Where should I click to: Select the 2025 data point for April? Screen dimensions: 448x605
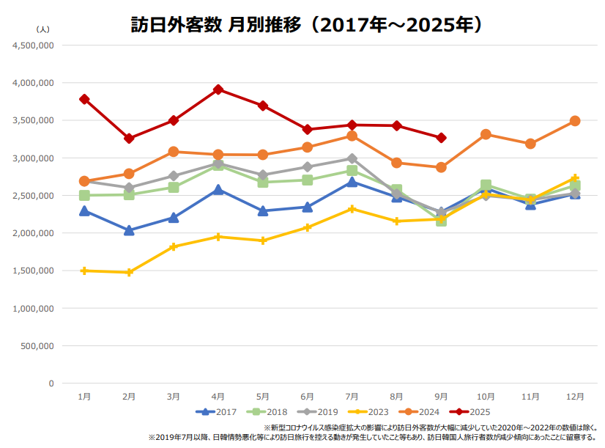click(218, 89)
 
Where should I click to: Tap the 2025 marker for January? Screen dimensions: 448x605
click(84, 99)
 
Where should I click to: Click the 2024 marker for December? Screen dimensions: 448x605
click(575, 121)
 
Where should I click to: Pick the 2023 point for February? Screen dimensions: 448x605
click(129, 272)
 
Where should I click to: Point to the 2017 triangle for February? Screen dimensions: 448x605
click(129, 230)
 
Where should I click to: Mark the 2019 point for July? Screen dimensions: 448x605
click(352, 158)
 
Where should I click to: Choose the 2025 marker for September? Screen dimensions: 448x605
click(441, 138)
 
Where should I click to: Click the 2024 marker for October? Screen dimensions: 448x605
click(486, 134)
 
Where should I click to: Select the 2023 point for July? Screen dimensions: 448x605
click(352, 209)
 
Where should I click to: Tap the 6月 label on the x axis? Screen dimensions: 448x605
click(308, 396)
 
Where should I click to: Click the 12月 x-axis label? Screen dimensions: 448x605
click(575, 396)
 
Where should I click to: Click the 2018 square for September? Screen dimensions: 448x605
click(441, 220)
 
